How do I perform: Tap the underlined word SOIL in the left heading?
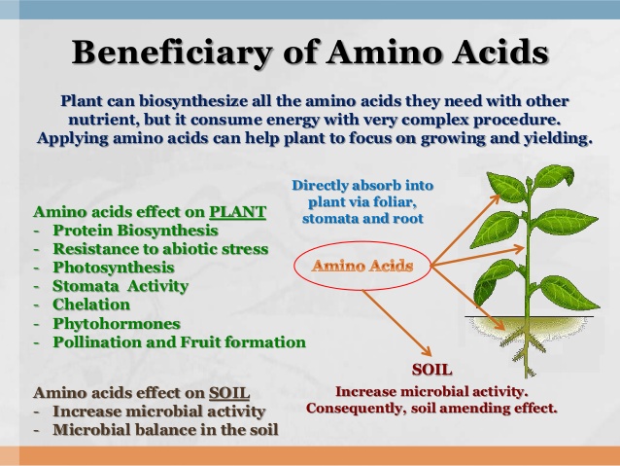228,393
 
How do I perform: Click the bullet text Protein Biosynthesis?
135,231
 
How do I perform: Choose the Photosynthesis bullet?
114,267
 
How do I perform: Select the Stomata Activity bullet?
121,286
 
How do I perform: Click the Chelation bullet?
91,305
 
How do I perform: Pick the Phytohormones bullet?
117,323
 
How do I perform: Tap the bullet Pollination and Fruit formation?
179,341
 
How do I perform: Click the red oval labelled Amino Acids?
362,265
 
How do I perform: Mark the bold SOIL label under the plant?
432,370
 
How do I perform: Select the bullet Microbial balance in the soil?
165,429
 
